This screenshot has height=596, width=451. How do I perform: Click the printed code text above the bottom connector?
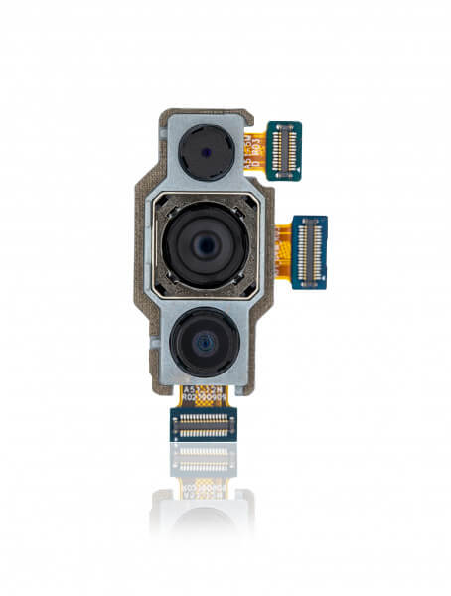click(x=205, y=395)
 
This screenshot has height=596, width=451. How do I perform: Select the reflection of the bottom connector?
click(x=205, y=459)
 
